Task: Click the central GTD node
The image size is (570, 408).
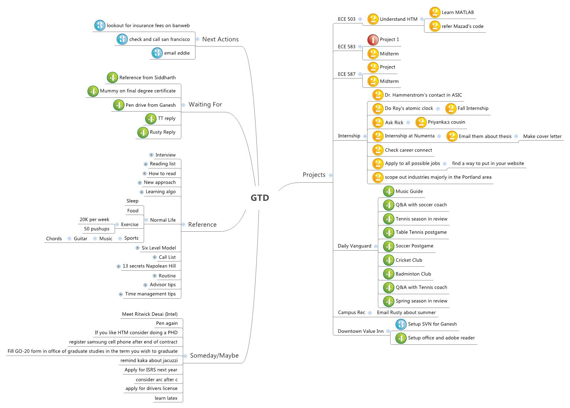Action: click(x=259, y=197)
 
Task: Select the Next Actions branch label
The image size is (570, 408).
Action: click(x=220, y=39)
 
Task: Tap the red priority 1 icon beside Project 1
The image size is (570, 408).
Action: click(x=373, y=40)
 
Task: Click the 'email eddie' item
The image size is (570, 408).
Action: click(x=177, y=53)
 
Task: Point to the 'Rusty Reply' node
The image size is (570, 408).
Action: click(x=162, y=132)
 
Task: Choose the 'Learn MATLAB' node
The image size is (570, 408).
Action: click(x=458, y=13)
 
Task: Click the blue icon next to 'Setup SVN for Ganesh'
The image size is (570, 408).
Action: click(x=401, y=324)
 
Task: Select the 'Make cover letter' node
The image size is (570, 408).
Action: click(x=542, y=136)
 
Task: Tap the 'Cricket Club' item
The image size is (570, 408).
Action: click(x=409, y=260)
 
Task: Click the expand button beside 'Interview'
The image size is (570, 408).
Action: click(x=151, y=155)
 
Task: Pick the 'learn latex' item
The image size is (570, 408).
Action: click(x=166, y=398)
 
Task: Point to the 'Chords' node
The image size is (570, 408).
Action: click(x=54, y=239)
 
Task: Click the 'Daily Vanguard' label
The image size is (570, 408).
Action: click(x=354, y=246)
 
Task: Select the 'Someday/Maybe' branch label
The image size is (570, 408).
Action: click(x=214, y=356)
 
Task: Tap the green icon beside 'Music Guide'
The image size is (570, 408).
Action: click(x=388, y=192)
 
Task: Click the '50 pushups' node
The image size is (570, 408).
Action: click(x=97, y=229)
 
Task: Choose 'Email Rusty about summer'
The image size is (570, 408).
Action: click(x=406, y=313)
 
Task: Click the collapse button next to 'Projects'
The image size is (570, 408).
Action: click(x=331, y=175)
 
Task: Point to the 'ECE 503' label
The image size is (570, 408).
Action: click(x=347, y=19)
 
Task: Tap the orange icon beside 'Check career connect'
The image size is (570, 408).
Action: click(x=378, y=150)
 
